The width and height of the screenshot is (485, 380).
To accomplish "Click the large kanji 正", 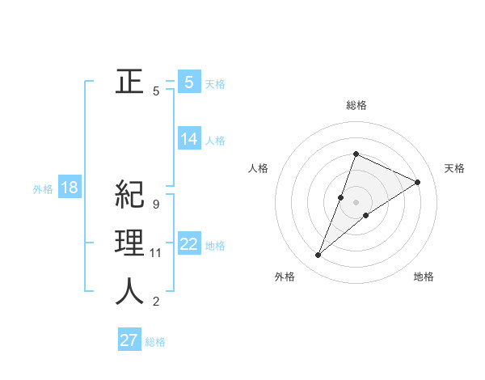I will pos(129,82).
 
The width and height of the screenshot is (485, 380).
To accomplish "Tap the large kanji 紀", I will pos(129,195).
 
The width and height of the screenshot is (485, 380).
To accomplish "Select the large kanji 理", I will pos(129,243).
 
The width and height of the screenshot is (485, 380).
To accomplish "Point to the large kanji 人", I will pos(129,292).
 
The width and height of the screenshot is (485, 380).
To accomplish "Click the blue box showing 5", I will pos(188,82).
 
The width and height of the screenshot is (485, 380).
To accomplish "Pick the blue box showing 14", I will pos(188,139).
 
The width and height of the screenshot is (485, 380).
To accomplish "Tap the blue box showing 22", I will pos(188,244).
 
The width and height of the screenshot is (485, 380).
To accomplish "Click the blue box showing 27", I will pos(129,340).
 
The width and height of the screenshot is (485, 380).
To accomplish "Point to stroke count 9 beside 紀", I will pos(155,205).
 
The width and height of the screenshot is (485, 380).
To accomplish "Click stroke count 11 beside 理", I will pos(155,253).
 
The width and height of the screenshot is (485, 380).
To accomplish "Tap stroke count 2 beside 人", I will pos(155,302).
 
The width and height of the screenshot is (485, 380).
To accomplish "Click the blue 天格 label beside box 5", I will pos(215,83).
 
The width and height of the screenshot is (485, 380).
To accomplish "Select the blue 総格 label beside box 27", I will pos(155,342).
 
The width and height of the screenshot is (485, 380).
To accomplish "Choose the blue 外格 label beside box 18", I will pos(43,189).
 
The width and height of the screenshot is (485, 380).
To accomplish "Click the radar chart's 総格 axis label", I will pos(356,105).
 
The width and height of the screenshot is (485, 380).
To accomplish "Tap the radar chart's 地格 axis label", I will pos(424,277).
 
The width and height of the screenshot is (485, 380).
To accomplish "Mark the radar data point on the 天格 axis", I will pos(418,182).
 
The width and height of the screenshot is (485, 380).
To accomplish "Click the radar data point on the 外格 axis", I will pos(318,255).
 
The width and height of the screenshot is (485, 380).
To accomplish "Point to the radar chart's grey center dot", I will pos(356,202).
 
